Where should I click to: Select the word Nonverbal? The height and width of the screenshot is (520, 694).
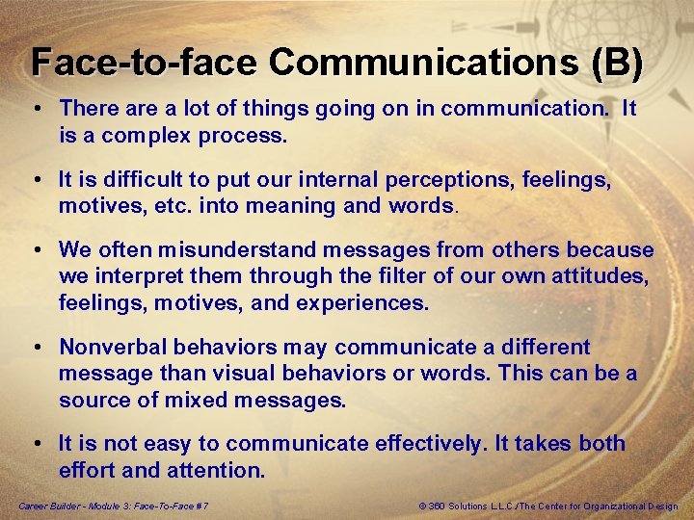click(x=112, y=347)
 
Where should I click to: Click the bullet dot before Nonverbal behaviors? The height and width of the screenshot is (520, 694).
click(x=35, y=347)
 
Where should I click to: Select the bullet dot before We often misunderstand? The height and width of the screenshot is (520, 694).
click(x=35, y=250)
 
